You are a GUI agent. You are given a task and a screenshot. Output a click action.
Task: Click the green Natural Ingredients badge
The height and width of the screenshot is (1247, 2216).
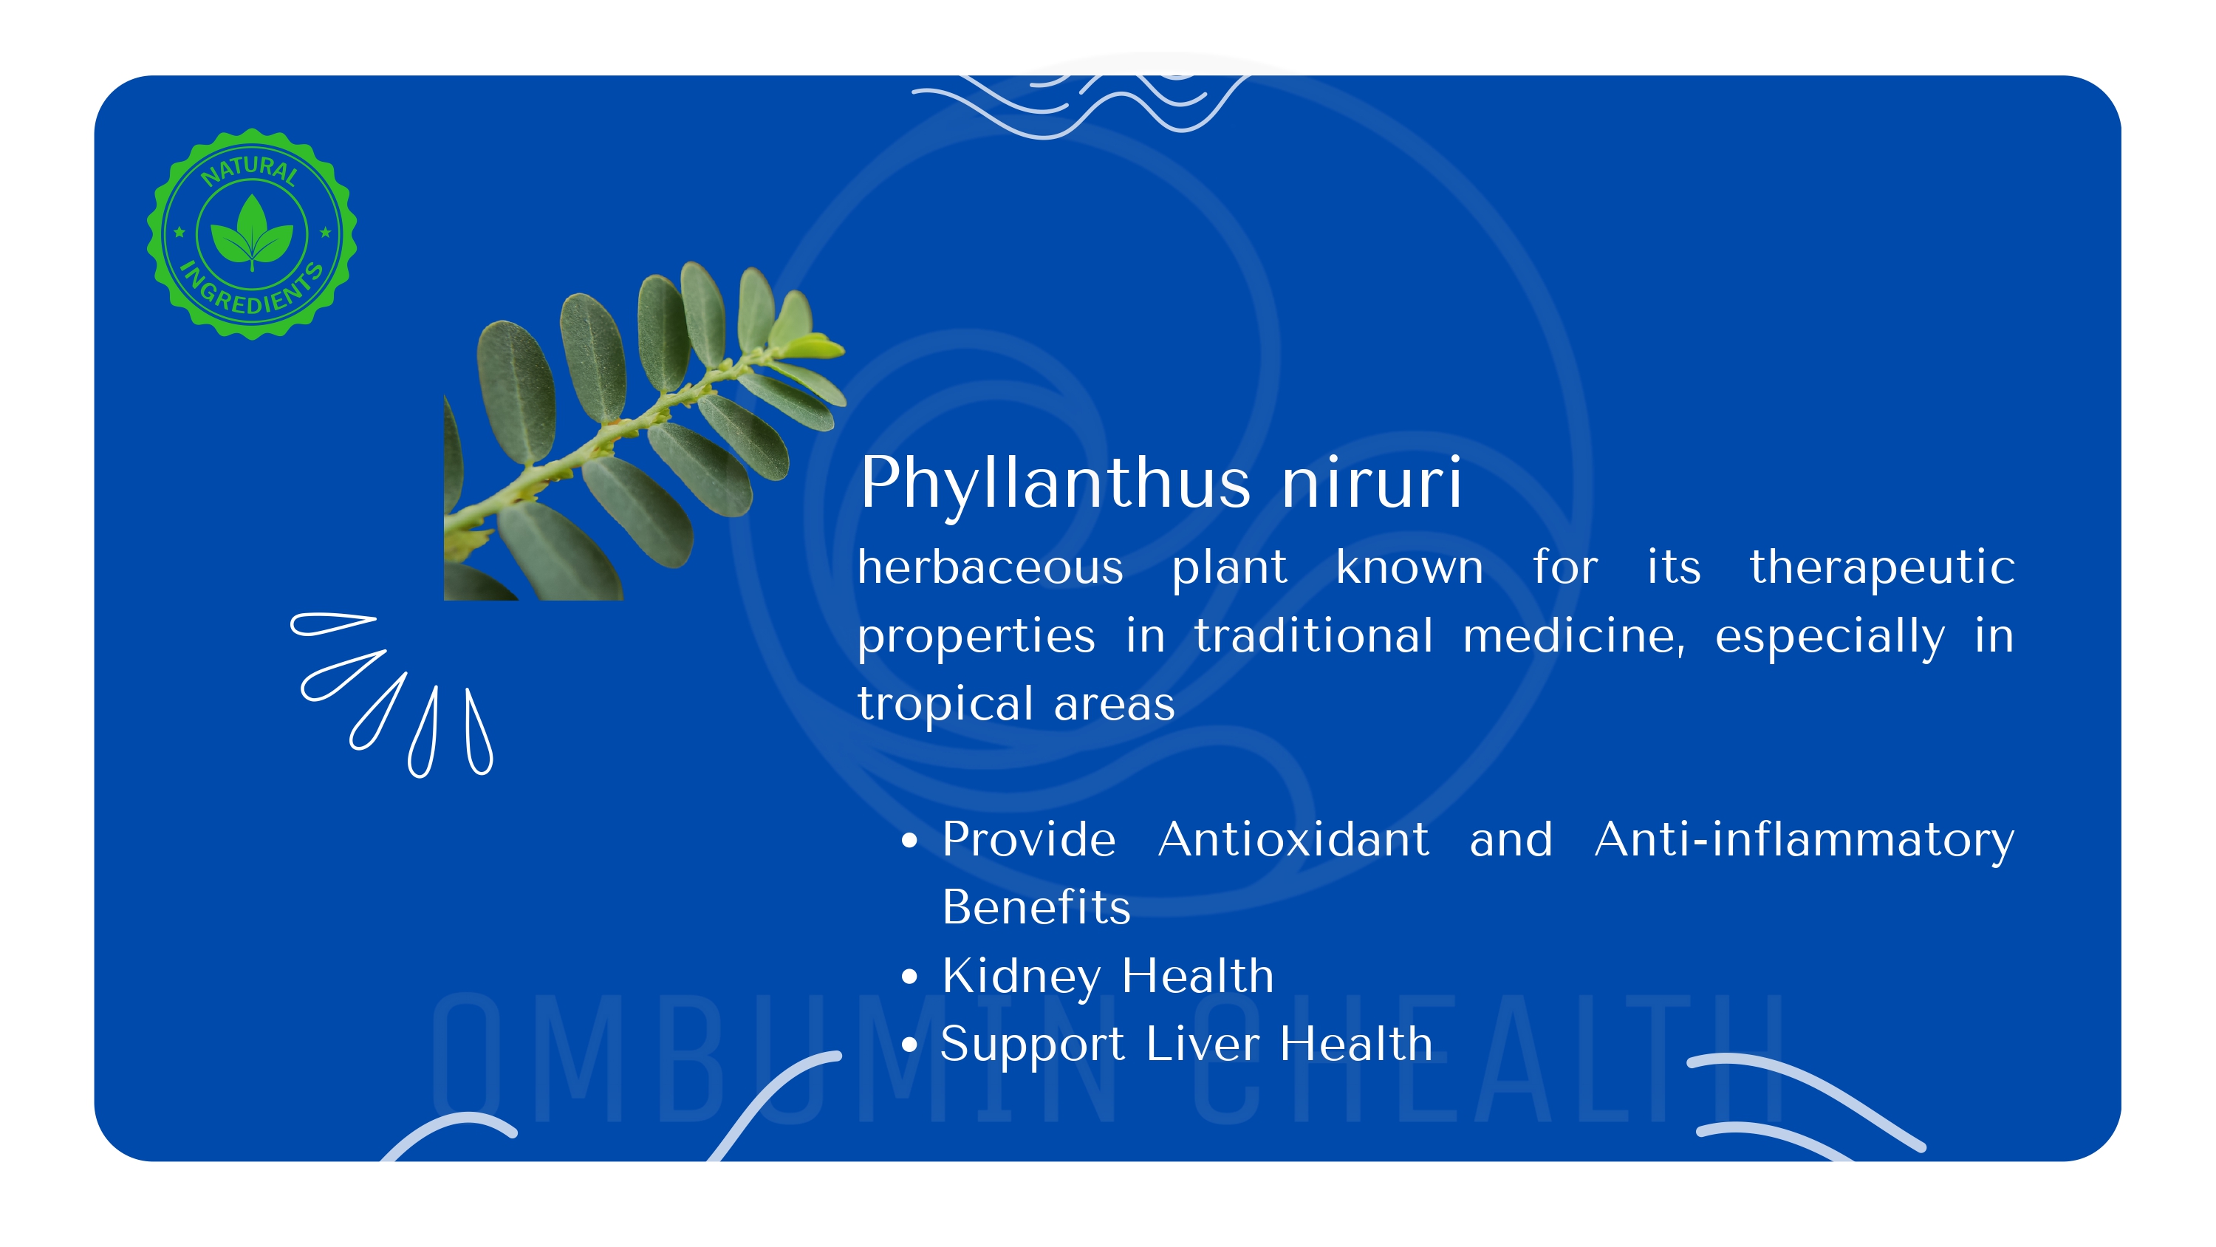tap(252, 234)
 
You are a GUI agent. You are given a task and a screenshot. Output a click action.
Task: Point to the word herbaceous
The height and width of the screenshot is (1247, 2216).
tap(990, 567)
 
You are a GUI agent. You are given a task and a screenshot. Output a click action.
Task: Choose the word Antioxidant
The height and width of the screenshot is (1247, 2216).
tap(1293, 839)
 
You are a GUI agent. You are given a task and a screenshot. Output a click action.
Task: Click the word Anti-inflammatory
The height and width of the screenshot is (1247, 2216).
tap(1804, 841)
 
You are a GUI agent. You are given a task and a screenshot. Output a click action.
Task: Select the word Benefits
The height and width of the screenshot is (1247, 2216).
tap(1036, 907)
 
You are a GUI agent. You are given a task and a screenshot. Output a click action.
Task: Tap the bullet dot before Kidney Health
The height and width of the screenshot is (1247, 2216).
tap(909, 977)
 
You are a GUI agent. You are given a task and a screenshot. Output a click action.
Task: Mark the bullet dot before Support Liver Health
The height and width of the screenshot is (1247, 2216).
tap(909, 1045)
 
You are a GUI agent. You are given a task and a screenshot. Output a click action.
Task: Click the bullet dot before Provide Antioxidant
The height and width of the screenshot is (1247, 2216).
tap(909, 841)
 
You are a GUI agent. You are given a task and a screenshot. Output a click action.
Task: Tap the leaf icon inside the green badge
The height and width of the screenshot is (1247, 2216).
tap(252, 230)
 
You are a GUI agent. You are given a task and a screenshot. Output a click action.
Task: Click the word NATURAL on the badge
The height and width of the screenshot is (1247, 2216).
tap(250, 169)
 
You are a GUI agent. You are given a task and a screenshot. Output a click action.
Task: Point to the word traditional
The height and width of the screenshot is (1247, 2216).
tap(1313, 637)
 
